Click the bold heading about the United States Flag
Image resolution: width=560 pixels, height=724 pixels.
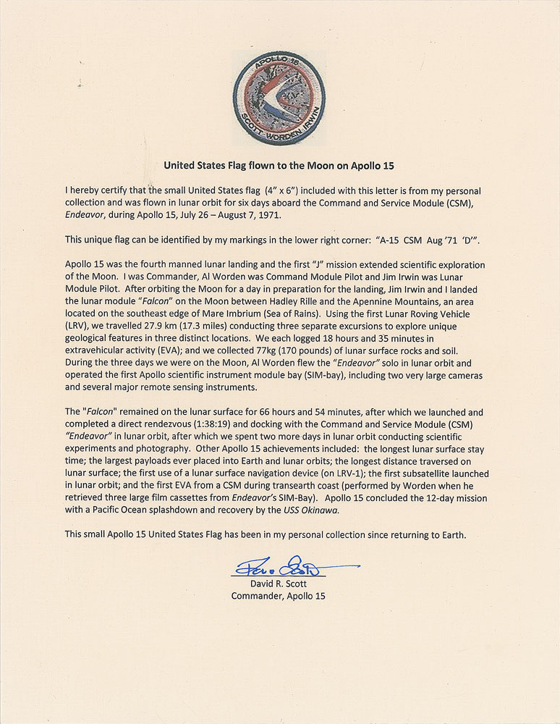pyautogui.click(x=279, y=165)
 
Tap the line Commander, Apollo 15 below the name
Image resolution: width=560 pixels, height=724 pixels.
pyautogui.click(x=279, y=596)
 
